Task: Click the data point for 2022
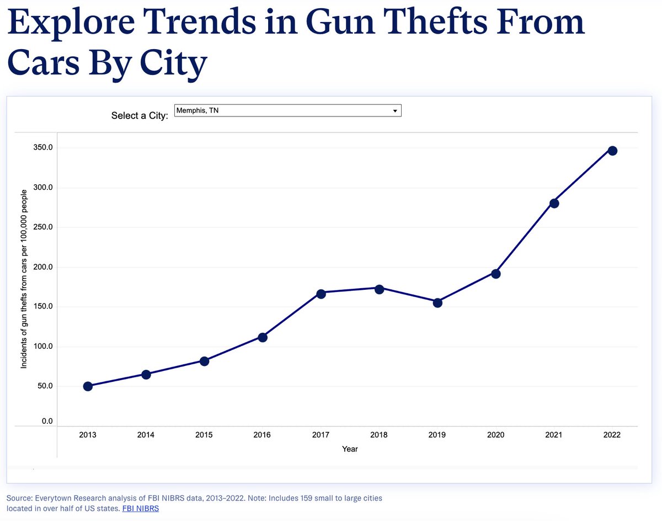point(612,151)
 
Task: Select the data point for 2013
point(88,386)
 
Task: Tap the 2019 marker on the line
point(437,302)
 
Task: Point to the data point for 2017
point(321,294)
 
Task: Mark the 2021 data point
point(554,203)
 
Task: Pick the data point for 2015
point(204,361)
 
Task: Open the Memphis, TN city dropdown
point(287,111)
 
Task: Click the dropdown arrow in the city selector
point(394,111)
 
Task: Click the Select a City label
point(140,116)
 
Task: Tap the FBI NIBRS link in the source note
point(140,508)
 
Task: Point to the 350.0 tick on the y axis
point(43,148)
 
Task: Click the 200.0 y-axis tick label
point(43,267)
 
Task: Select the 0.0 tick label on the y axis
point(47,422)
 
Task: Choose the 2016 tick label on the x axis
point(262,435)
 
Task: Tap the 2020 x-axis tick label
point(495,435)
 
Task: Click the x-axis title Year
point(350,449)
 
